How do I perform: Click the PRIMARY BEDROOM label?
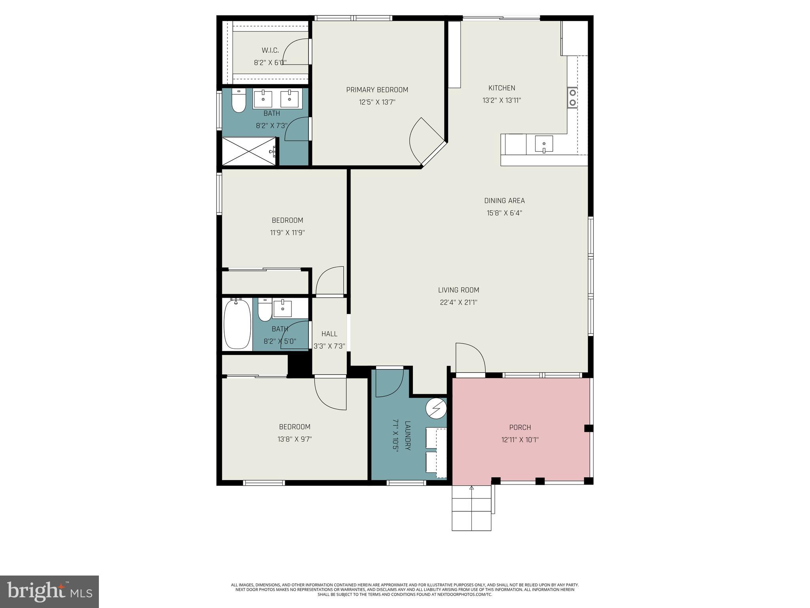click(x=377, y=90)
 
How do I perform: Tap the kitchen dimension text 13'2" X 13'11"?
click(x=502, y=101)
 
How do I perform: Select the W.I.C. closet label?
click(x=270, y=50)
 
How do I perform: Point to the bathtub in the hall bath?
click(x=237, y=323)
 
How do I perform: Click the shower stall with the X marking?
click(x=248, y=151)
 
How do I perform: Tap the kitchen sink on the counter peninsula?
click(x=544, y=144)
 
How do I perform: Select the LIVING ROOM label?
click(x=458, y=290)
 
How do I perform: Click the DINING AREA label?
click(x=504, y=201)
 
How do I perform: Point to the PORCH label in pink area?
click(x=520, y=427)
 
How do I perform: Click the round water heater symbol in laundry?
click(x=436, y=408)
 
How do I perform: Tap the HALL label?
click(x=329, y=334)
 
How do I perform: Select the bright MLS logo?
click(x=49, y=591)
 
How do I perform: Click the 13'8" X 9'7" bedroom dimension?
click(x=295, y=439)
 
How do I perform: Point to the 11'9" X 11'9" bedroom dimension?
click(x=287, y=233)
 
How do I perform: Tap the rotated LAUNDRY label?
click(x=408, y=435)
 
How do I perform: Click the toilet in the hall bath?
click(x=265, y=310)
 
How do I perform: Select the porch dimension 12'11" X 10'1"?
click(x=520, y=440)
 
